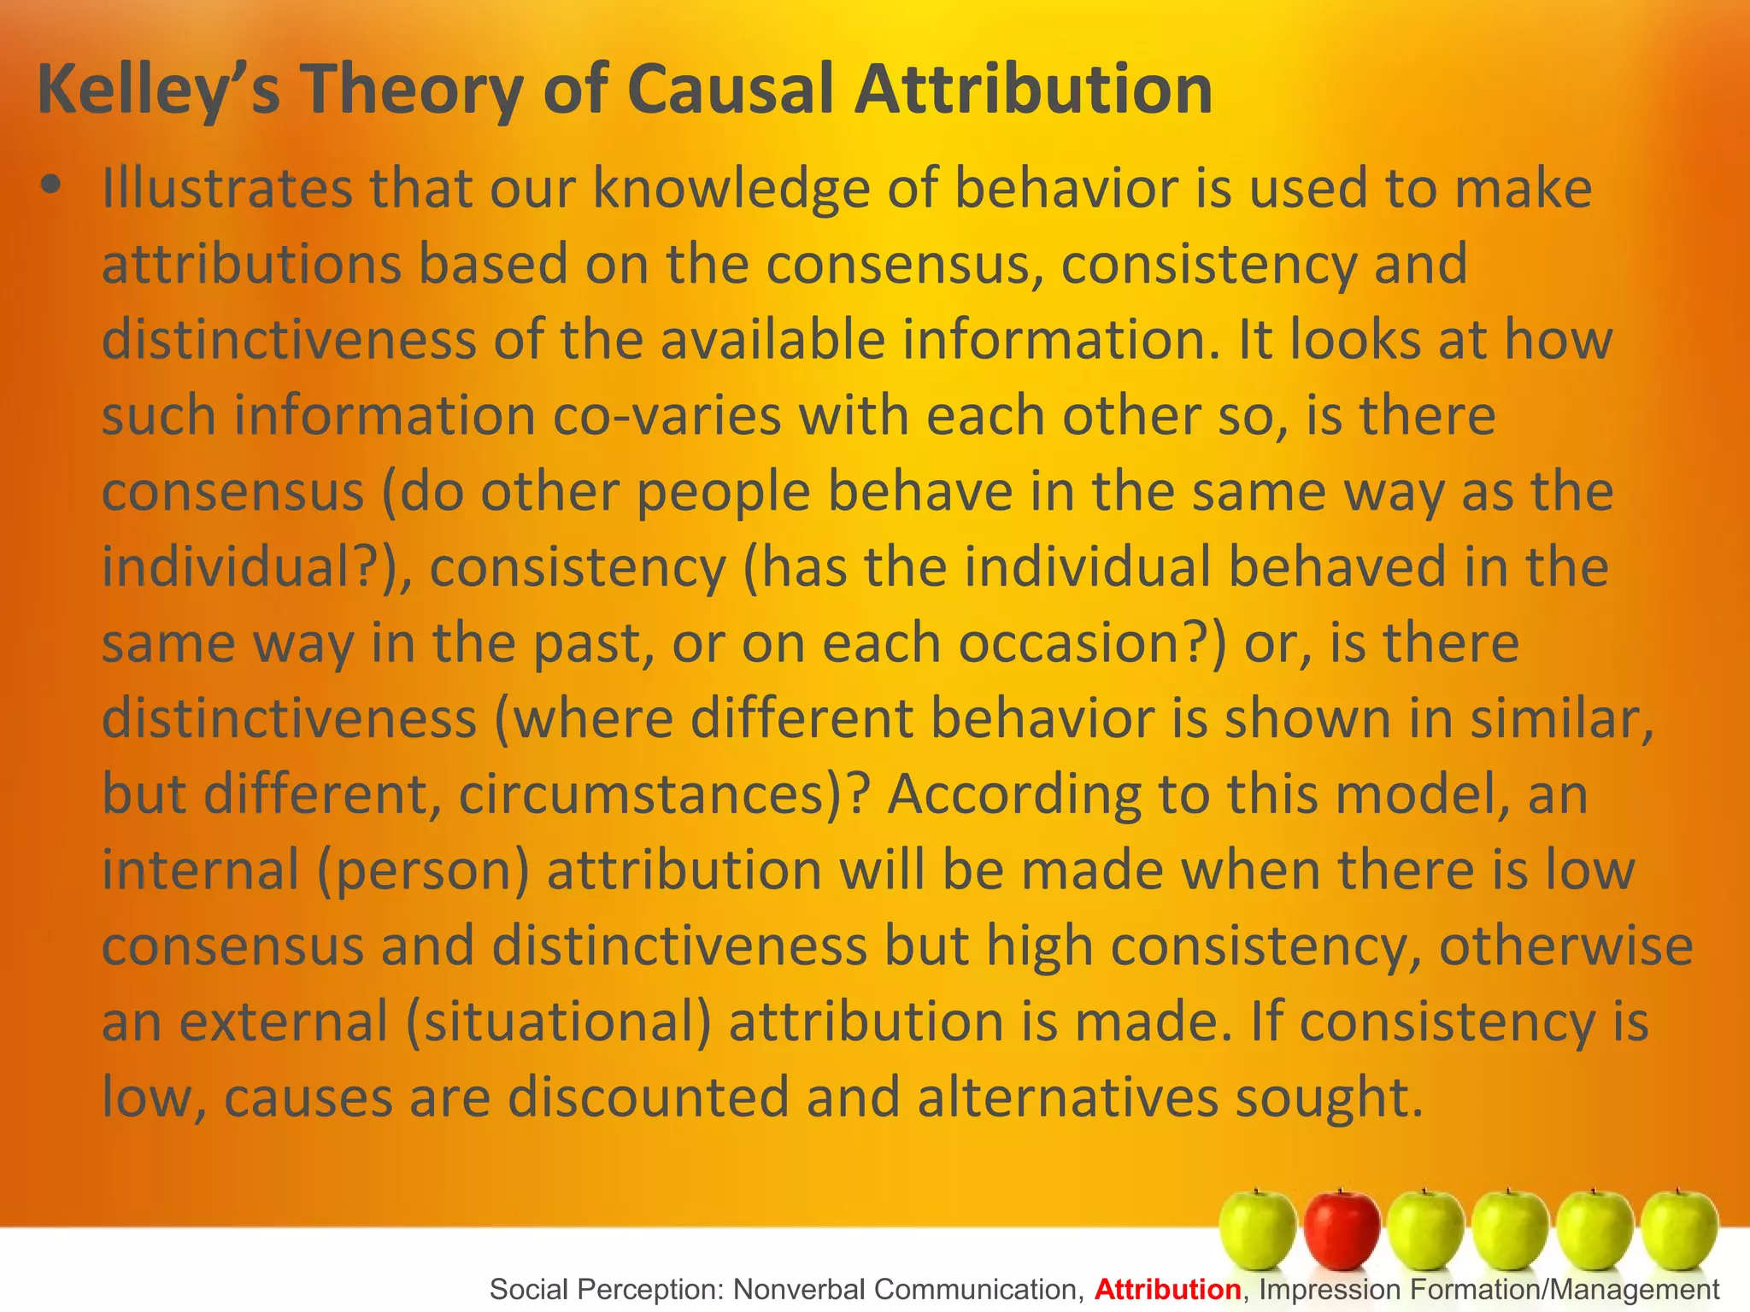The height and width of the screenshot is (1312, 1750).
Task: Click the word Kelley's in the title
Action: (159, 91)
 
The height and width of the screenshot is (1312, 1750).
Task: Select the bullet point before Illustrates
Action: (51, 185)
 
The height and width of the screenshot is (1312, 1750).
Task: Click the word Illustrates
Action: (226, 189)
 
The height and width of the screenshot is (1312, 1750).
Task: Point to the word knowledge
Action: (731, 189)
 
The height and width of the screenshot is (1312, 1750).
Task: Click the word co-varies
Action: (667, 416)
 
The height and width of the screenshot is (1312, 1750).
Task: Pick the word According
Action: (1013, 794)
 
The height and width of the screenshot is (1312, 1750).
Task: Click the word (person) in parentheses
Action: (424, 870)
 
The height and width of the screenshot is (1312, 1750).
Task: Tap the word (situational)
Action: (559, 1022)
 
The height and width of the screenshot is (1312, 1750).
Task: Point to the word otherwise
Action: (1565, 946)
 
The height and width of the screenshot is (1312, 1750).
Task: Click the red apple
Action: (1342, 1230)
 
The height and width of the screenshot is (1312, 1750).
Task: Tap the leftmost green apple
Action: (1257, 1230)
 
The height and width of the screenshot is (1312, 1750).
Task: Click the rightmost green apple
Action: (1679, 1230)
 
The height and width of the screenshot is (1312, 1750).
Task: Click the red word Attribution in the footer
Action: (1167, 1289)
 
